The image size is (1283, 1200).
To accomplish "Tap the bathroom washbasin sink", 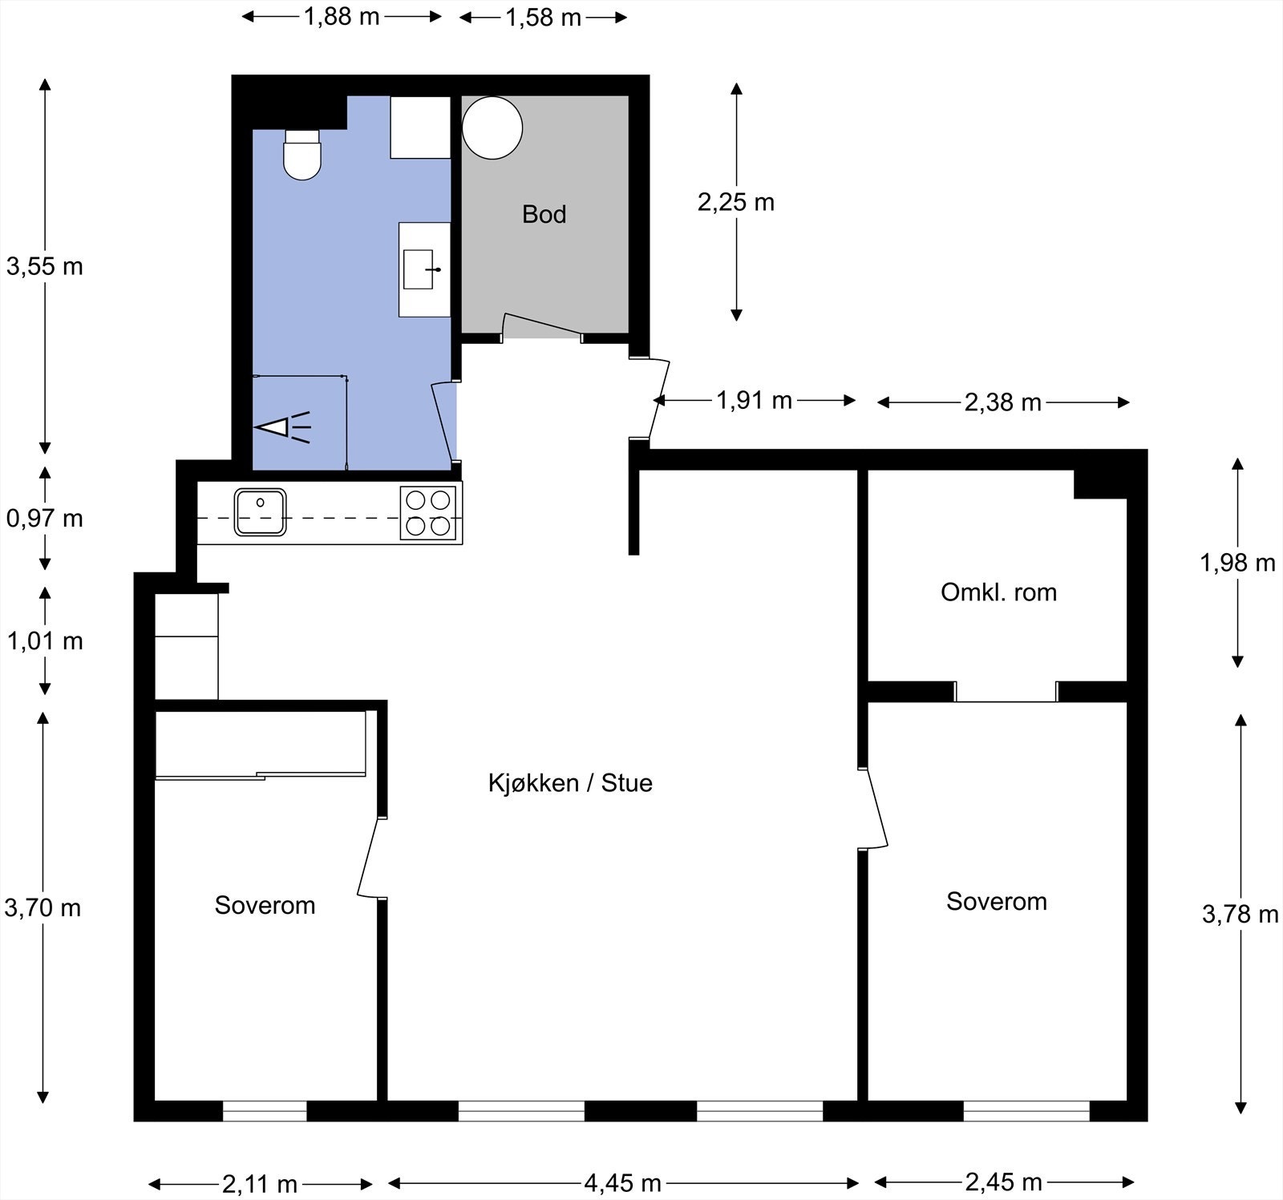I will point(419,269).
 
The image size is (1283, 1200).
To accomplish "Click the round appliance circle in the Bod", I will point(492,127).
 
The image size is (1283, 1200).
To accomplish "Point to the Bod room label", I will point(544,214).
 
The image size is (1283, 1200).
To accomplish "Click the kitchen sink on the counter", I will point(261,511).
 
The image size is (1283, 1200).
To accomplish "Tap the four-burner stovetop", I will point(428,513).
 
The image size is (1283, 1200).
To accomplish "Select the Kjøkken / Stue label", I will point(570,783).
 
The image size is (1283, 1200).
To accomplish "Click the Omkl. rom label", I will point(998,592).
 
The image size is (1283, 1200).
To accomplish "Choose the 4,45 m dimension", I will point(622,1182).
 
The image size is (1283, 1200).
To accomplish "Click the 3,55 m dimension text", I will point(45,266).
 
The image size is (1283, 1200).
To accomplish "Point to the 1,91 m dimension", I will point(754,400).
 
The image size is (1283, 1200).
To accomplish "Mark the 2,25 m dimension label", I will point(736,202).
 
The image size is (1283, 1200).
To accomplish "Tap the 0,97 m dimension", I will point(45,519).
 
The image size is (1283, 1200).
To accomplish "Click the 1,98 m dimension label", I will point(1237,563).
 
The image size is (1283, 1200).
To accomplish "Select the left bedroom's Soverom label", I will point(265,905).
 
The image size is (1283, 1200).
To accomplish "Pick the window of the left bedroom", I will point(265,1110).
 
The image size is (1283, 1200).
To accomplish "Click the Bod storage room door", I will point(542,327).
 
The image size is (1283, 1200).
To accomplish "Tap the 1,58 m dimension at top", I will point(543,17).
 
